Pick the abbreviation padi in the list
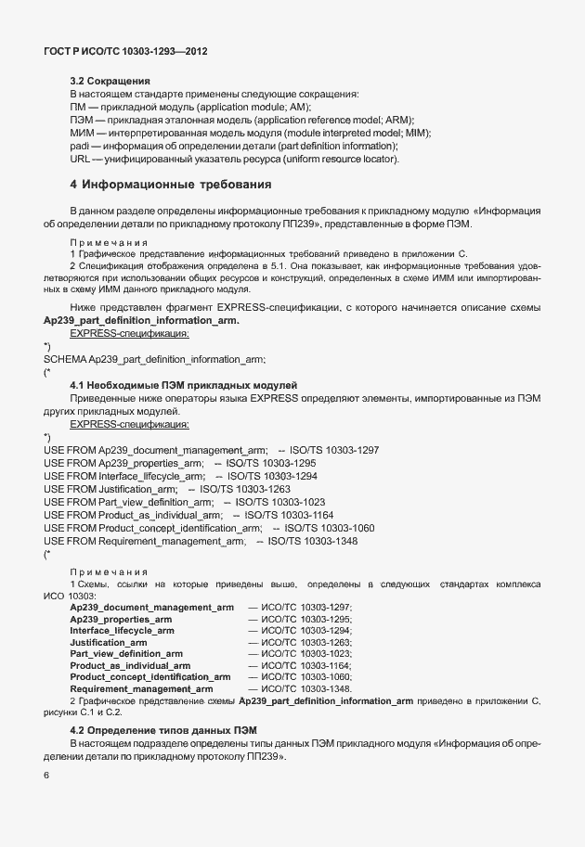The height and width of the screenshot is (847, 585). point(80,147)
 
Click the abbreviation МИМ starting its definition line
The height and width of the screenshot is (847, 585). point(81,134)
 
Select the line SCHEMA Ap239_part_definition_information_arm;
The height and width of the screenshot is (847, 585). point(155,359)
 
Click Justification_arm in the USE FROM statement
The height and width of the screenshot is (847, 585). point(137,488)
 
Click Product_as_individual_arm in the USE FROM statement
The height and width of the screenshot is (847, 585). point(161,514)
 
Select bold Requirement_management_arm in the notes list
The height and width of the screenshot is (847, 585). point(142,689)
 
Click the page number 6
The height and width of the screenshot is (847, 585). point(47,776)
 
